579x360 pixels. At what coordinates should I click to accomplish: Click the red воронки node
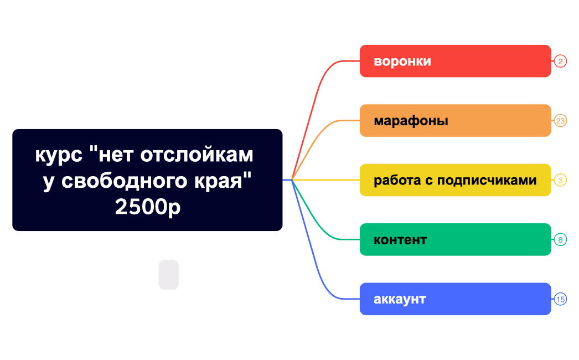(455, 61)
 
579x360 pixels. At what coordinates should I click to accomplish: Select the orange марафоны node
(455, 120)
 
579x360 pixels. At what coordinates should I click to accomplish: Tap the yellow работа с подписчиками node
(455, 180)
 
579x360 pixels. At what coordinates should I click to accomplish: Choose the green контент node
(455, 239)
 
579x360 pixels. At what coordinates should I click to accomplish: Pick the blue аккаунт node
(455, 299)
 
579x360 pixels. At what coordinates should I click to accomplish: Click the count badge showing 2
(560, 61)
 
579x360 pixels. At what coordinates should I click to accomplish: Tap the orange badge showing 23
(560, 120)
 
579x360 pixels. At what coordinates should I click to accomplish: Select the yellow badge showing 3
(560, 180)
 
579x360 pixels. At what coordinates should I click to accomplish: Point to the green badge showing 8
(560, 240)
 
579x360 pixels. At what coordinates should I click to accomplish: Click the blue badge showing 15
(560, 299)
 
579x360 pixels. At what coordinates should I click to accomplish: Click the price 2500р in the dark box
(148, 207)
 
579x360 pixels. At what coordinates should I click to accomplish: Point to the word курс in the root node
(59, 155)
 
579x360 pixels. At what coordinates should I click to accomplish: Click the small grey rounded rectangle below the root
(169, 275)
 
